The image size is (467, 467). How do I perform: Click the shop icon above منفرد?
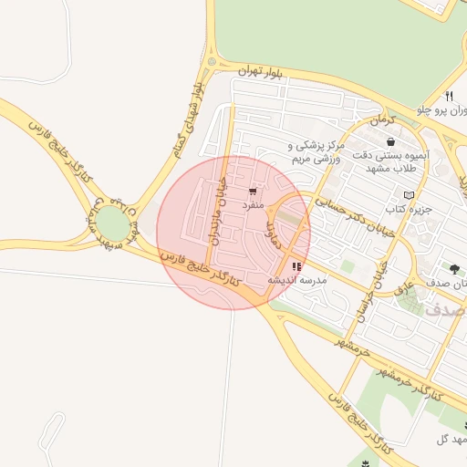[252, 192]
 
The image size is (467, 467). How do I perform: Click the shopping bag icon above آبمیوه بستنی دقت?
[391, 142]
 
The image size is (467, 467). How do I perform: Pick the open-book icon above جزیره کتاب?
[409, 195]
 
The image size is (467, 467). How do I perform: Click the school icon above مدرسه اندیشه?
[295, 267]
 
